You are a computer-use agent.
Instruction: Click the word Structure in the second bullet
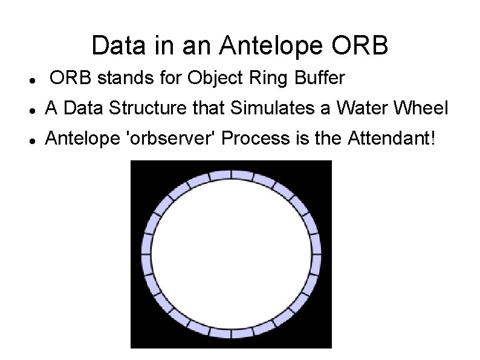coord(154,109)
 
